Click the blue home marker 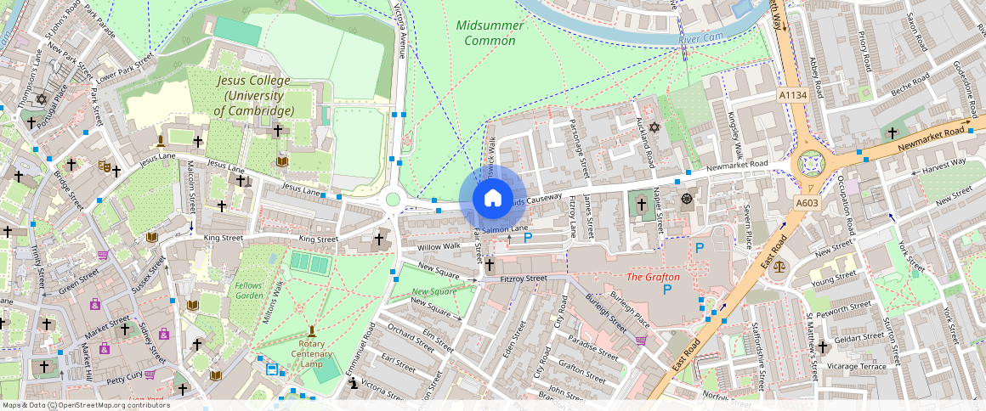click(x=492, y=199)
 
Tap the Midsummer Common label click(x=490, y=32)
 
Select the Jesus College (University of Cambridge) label click(x=253, y=96)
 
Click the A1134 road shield click(x=792, y=97)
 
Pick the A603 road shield click(x=807, y=203)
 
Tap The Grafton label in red click(x=653, y=277)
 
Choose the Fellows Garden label click(x=249, y=290)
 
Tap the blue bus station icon click(x=272, y=369)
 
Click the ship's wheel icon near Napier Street click(x=686, y=199)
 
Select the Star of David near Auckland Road click(x=654, y=127)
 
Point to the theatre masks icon click(x=105, y=166)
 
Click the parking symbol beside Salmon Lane click(x=527, y=239)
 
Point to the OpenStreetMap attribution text click(x=86, y=405)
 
